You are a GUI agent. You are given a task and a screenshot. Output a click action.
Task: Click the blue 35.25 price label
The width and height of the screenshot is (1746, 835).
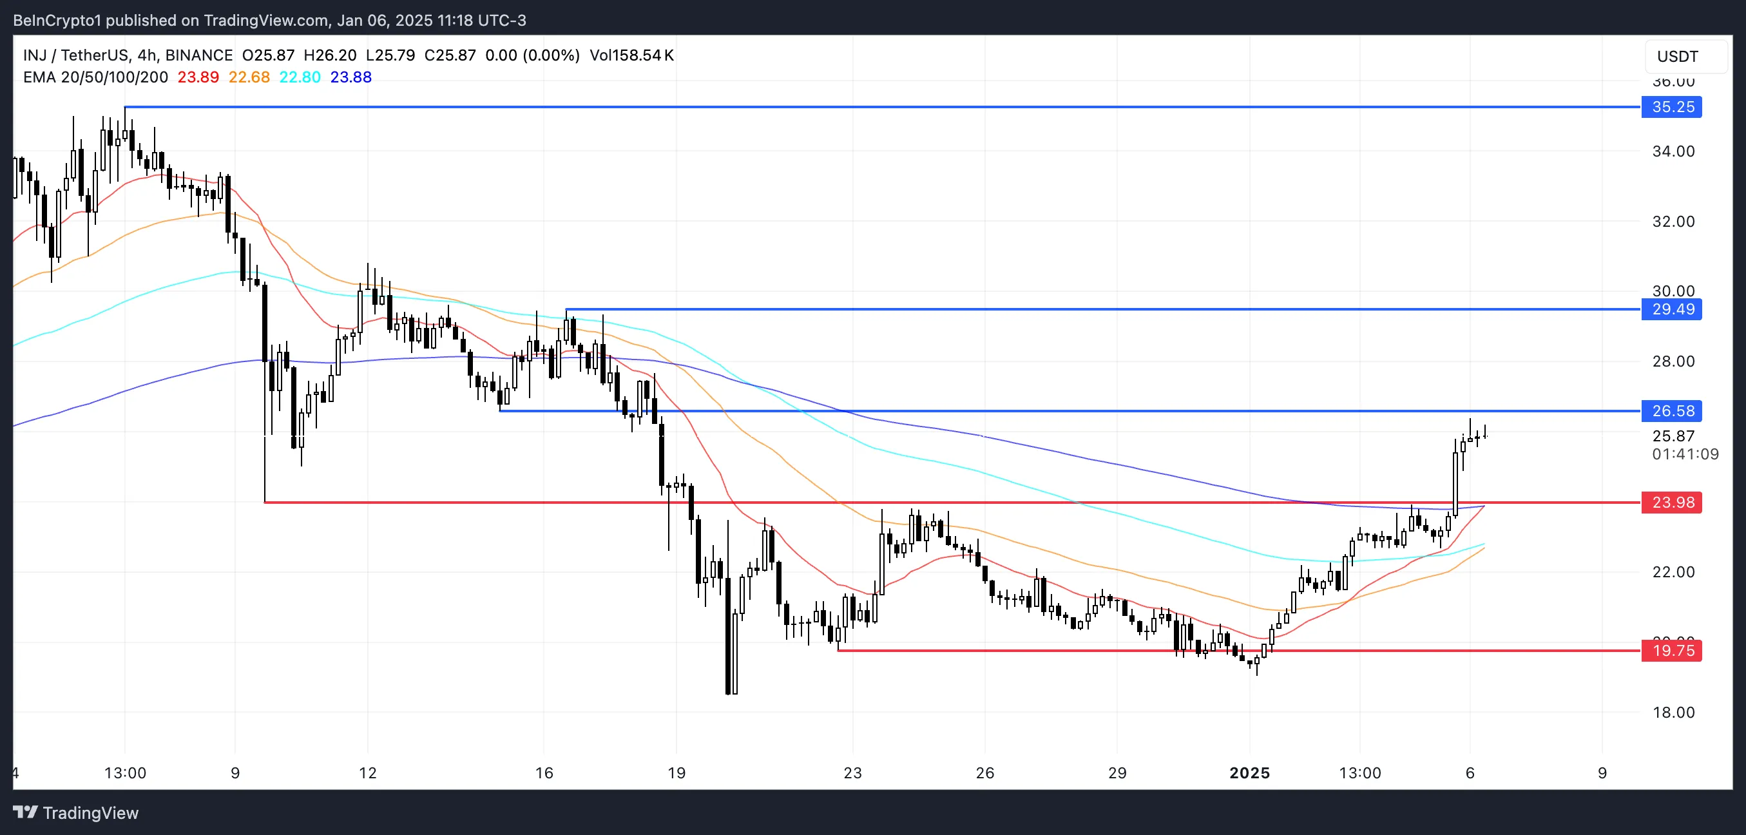coord(1671,107)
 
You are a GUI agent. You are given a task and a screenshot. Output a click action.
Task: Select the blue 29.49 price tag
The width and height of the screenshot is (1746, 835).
coord(1671,310)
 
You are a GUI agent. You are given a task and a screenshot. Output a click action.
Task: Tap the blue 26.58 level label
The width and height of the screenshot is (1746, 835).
coord(1671,410)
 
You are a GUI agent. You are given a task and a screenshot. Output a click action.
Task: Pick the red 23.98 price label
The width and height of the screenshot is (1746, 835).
coord(1671,502)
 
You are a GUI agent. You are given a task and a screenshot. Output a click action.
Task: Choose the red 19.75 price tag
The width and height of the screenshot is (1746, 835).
coord(1671,651)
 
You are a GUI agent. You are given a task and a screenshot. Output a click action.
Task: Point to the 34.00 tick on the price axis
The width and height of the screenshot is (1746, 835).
coord(1673,151)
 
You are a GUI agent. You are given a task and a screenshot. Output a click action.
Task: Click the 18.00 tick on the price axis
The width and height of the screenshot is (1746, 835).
coord(1673,713)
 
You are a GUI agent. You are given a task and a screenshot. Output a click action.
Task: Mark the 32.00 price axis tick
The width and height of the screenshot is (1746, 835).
coord(1673,222)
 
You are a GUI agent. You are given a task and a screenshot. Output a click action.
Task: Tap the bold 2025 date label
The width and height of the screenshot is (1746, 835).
coord(1249,773)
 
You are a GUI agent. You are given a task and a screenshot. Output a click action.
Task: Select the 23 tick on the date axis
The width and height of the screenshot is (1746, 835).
coord(852,773)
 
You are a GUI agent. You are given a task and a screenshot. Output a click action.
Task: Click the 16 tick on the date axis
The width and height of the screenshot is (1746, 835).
coord(544,773)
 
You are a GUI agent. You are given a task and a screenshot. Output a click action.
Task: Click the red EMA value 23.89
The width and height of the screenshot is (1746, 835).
coord(198,77)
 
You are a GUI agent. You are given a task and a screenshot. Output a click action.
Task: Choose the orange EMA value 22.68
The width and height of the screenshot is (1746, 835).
coord(249,77)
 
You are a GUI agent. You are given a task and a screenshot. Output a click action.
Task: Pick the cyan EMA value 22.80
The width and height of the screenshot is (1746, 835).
coord(300,77)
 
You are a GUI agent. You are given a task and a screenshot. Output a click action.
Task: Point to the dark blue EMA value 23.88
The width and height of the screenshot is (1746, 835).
coord(350,77)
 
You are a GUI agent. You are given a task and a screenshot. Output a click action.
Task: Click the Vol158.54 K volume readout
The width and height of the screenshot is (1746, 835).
coord(631,55)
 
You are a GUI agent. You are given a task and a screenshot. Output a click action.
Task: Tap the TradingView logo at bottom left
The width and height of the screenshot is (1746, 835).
coord(75,812)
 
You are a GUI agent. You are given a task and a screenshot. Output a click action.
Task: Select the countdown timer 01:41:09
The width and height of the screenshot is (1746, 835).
coord(1685,454)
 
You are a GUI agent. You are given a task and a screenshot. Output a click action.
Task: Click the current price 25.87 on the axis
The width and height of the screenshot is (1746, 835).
coord(1673,436)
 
